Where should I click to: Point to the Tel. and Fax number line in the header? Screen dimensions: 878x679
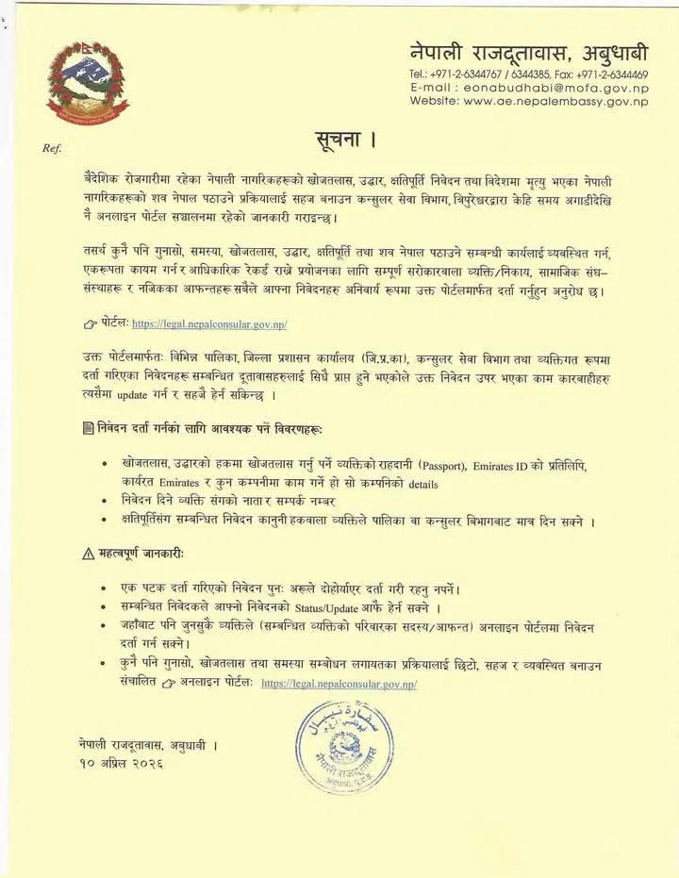pos(529,74)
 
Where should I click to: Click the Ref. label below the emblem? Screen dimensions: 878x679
pos(52,148)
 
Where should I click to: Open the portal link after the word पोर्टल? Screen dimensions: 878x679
pos(208,323)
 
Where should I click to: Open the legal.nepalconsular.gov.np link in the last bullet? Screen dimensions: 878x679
pos(339,683)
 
